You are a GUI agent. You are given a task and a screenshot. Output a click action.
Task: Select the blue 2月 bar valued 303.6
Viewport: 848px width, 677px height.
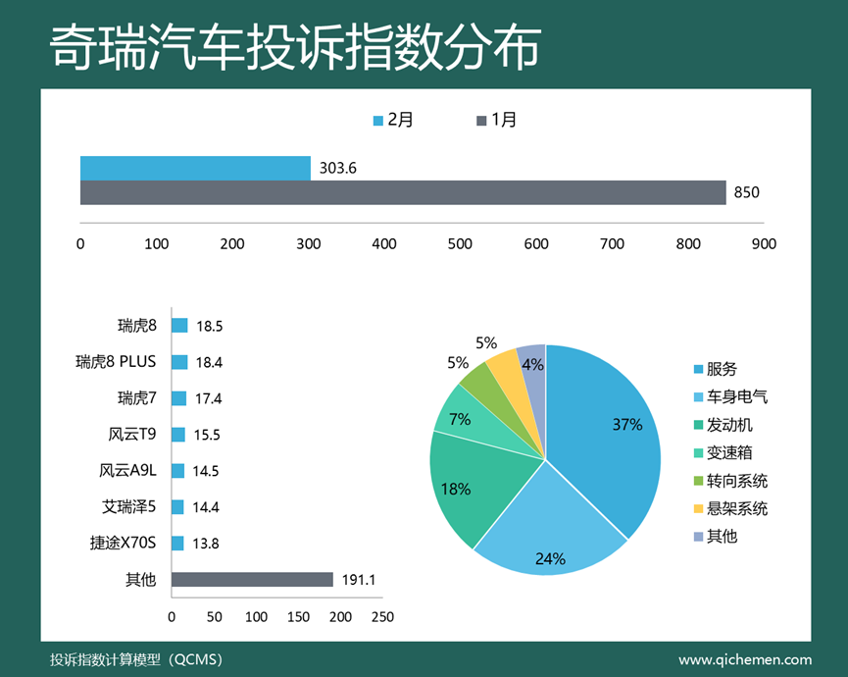tap(195, 168)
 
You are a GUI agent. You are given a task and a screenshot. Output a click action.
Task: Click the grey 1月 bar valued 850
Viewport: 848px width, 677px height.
tap(403, 192)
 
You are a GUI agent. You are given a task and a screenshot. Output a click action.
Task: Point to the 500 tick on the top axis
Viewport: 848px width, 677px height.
tap(460, 243)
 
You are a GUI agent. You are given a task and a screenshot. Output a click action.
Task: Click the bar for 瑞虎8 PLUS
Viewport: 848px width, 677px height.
tap(179, 362)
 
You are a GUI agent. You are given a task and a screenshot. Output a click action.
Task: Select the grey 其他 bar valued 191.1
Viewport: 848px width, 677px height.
tap(252, 580)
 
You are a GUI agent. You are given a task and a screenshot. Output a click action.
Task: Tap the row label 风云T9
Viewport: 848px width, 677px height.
tap(132, 435)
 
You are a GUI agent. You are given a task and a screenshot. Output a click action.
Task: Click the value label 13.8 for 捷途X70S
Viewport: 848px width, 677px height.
tap(207, 544)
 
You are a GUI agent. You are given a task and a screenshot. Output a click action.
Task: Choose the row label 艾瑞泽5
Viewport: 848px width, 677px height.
tap(129, 507)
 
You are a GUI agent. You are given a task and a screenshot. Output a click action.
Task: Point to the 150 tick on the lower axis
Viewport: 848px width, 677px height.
tap(298, 617)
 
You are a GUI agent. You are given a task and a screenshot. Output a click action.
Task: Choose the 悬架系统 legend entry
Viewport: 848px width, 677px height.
tap(729, 508)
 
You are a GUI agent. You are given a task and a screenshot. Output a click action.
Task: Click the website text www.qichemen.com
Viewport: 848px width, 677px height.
tap(745, 660)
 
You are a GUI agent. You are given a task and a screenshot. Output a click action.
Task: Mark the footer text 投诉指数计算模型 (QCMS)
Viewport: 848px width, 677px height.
tap(136, 660)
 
